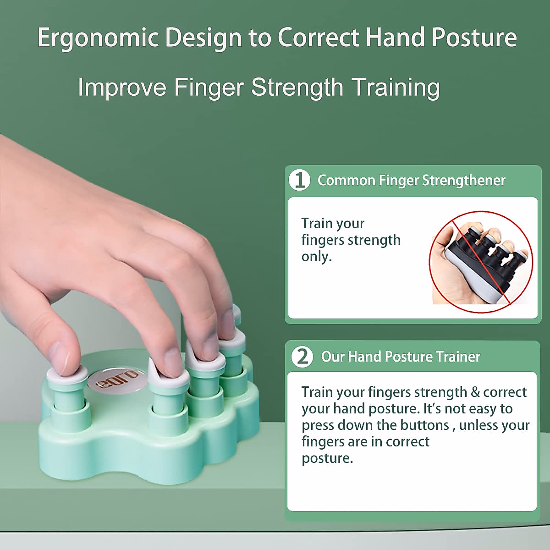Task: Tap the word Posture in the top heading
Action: (474, 38)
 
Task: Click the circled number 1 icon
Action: (299, 180)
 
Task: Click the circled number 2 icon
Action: (302, 357)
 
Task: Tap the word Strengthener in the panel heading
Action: (464, 181)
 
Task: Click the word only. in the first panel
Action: (317, 257)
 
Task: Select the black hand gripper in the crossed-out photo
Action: (488, 261)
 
